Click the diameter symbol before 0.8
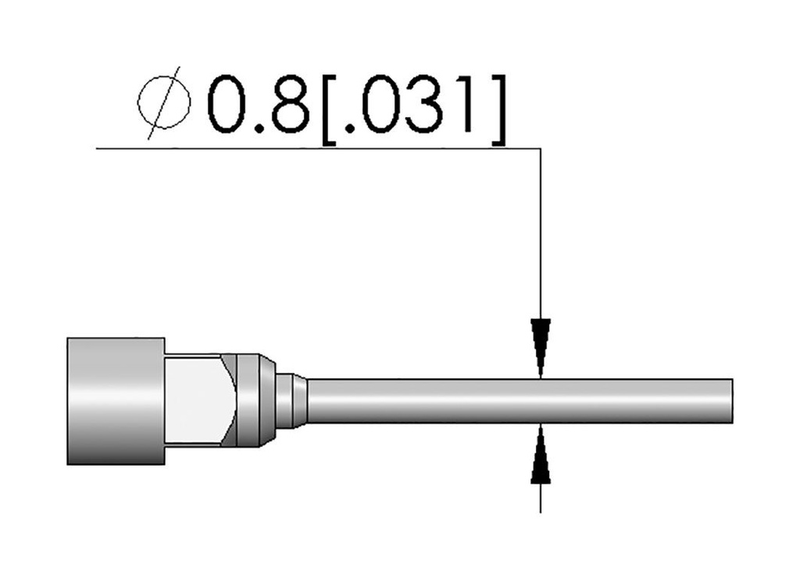click(x=164, y=102)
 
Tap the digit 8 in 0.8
click(x=291, y=104)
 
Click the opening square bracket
click(x=330, y=109)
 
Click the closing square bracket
click(x=499, y=109)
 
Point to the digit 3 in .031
click(x=422, y=104)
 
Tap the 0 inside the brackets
click(x=379, y=104)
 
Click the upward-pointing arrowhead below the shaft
click(x=541, y=453)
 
